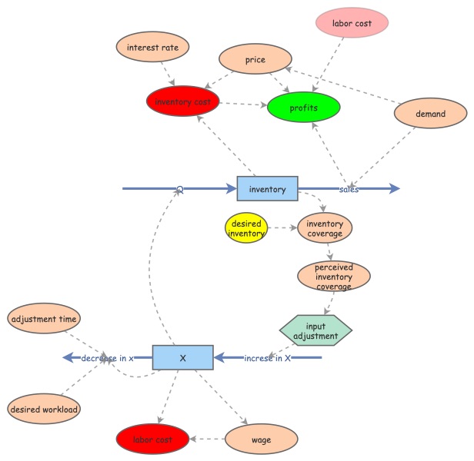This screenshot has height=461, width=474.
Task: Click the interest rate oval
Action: (152, 48)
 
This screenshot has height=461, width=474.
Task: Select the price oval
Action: (255, 59)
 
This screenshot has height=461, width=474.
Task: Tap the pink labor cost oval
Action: (352, 24)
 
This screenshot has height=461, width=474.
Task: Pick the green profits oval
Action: (303, 108)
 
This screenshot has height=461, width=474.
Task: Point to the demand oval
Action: (430, 114)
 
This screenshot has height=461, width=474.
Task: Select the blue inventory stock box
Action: (267, 188)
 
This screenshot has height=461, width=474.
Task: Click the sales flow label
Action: (349, 189)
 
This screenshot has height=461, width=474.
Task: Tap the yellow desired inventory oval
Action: (245, 228)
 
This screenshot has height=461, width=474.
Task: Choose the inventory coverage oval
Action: (324, 228)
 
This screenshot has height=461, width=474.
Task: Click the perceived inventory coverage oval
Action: (333, 277)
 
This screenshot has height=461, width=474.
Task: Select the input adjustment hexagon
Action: (315, 331)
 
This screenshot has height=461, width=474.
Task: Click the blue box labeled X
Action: (182, 357)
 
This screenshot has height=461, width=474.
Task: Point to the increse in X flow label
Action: (267, 358)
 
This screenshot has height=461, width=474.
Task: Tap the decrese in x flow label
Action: (107, 358)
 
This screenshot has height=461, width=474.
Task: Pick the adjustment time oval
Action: (44, 318)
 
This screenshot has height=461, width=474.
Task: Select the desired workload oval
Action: (43, 410)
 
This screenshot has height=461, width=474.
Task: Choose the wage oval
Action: (261, 439)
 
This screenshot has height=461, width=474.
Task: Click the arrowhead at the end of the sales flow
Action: (394, 188)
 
